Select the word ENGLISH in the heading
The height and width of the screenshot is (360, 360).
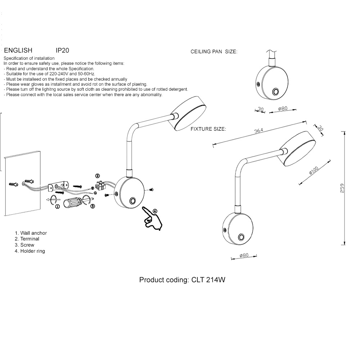click(18, 50)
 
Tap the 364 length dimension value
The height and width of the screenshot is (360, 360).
click(259, 131)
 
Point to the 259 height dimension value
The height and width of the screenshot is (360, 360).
click(342, 188)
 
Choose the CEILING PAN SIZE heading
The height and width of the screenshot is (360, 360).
click(214, 52)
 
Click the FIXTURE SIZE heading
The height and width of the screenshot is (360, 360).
click(208, 129)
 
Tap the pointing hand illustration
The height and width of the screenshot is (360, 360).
click(153, 218)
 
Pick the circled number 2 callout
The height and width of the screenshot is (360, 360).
click(97, 176)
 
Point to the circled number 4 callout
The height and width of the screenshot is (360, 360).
click(155, 211)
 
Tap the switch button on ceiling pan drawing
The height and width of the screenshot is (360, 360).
click(275, 92)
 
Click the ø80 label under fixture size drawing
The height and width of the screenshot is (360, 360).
click(244, 256)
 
